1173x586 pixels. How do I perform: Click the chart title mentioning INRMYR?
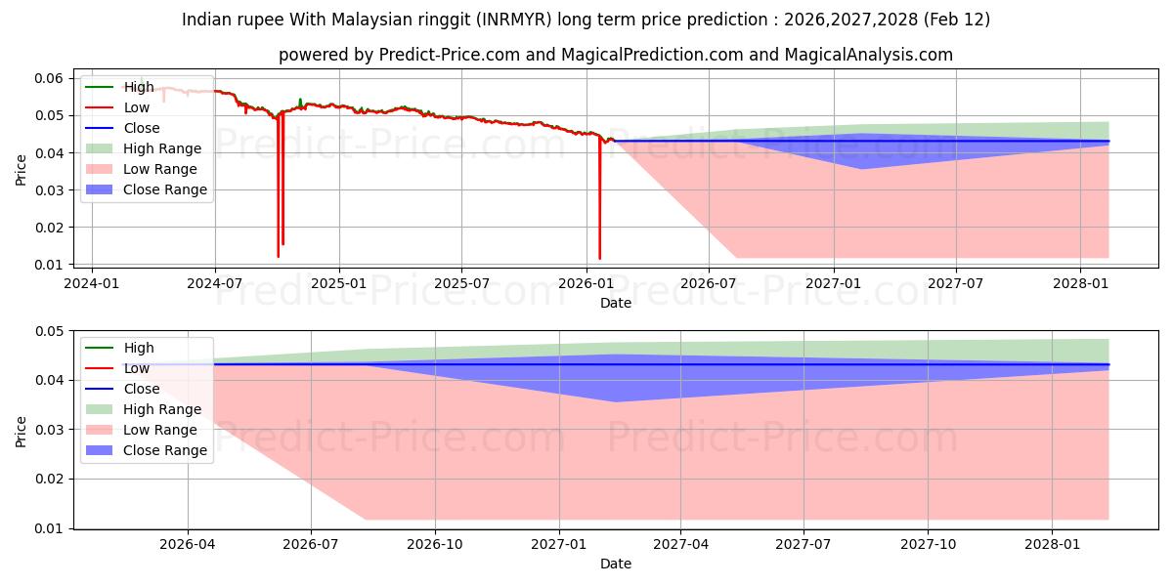(586, 20)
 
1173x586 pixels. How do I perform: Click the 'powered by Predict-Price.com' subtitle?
(615, 55)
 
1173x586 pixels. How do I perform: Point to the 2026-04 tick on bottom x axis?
(188, 545)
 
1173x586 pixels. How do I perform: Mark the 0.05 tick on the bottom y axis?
(49, 331)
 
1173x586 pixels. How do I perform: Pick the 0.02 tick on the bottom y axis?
(49, 479)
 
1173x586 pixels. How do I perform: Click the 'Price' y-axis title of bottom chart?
(22, 430)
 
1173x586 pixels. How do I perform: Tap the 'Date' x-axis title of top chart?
(615, 303)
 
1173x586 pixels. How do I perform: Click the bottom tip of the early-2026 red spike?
(599, 258)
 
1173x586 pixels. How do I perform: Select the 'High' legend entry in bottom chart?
(138, 348)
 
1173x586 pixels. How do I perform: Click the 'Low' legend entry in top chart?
(136, 107)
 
